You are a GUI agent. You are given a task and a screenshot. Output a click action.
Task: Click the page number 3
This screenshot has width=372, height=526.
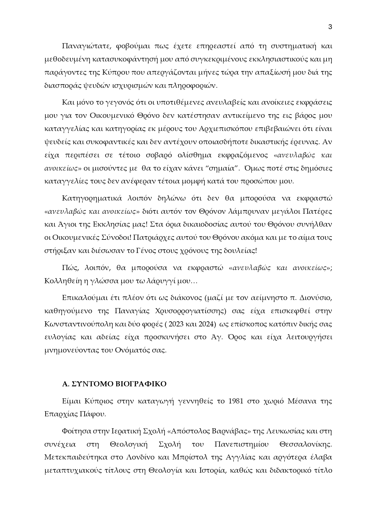pos(330,27)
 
